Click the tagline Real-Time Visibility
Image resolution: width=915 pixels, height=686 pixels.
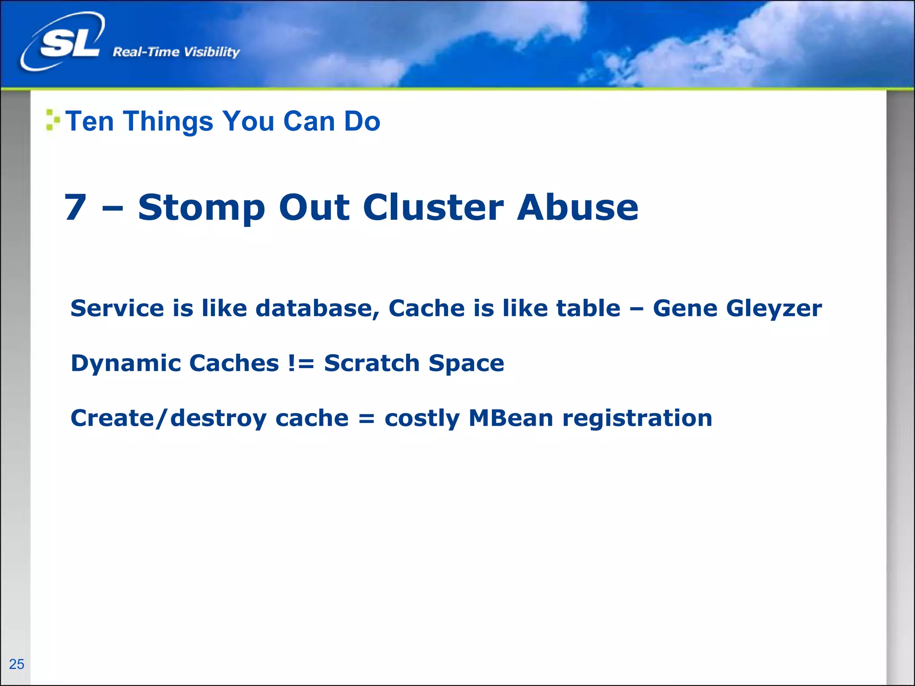(176, 52)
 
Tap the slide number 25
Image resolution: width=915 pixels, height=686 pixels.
(17, 664)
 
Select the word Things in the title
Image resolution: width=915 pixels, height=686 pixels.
(168, 121)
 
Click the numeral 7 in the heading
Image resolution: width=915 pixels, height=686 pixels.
(75, 207)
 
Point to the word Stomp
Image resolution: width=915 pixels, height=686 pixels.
(201, 208)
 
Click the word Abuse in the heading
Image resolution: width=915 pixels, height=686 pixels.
(578, 207)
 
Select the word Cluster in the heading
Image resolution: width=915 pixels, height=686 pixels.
(433, 207)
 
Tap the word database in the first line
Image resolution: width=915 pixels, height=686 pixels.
(317, 308)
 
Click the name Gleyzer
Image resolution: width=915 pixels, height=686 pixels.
(774, 309)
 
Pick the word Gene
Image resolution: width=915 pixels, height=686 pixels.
(684, 308)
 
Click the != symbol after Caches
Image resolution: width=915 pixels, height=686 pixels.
(301, 363)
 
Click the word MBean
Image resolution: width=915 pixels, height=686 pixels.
(511, 418)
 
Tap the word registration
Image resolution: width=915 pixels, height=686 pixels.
(637, 419)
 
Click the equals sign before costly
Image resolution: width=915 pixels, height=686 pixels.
(366, 419)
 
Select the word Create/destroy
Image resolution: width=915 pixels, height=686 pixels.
(168, 419)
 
